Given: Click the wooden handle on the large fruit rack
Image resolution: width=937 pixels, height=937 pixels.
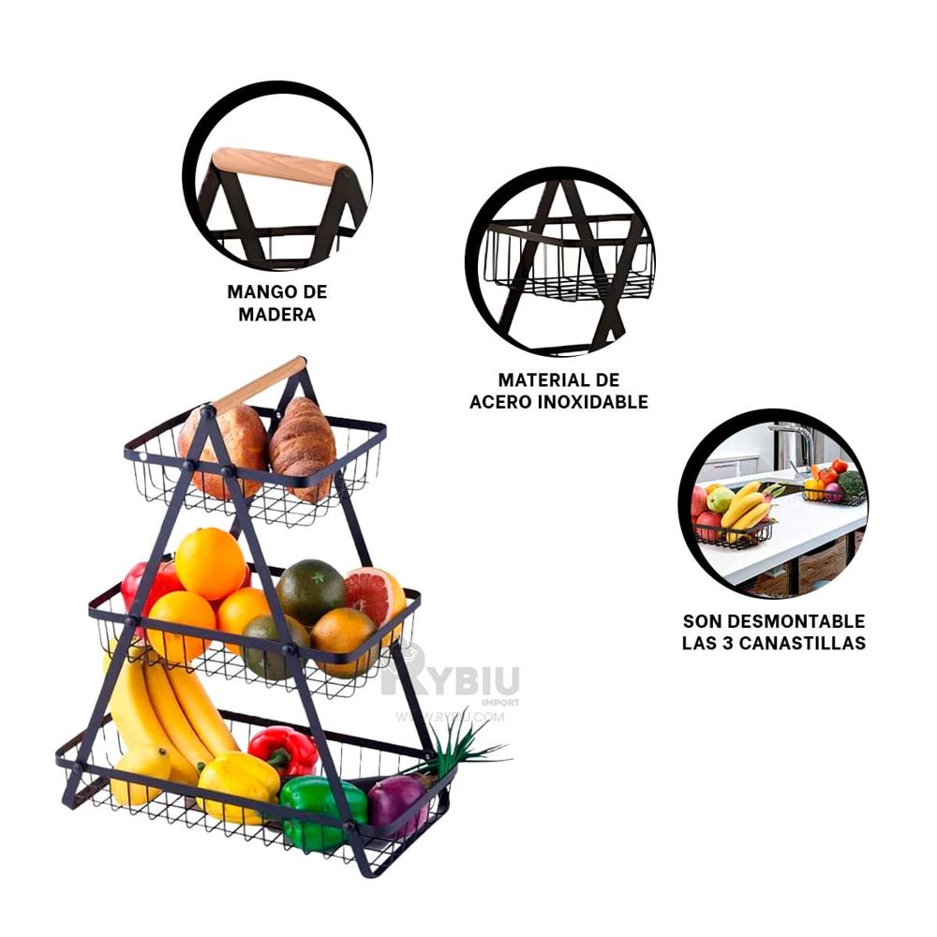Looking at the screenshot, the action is pos(260,384).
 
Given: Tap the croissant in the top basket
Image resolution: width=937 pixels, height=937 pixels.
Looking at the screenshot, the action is pos(303,447).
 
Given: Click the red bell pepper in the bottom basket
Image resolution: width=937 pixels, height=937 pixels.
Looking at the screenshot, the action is pos(283,750).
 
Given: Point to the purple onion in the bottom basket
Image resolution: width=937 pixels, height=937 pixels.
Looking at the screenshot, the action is pos(398,803).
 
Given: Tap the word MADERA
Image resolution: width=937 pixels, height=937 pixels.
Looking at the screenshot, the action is pos(276,314).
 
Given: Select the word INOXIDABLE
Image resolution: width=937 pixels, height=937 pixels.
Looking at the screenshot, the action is pos(593,402).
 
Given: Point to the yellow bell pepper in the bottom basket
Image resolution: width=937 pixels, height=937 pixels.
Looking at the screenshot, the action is pos(238,786).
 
